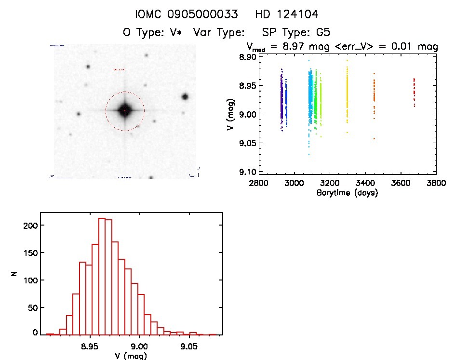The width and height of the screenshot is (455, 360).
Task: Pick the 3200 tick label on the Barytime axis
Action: [330, 183]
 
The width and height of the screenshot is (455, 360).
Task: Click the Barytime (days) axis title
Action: [347, 193]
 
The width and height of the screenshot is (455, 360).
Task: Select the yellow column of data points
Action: [347, 96]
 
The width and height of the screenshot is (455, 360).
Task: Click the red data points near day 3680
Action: [414, 92]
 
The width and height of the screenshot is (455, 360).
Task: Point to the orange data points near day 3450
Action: [374, 99]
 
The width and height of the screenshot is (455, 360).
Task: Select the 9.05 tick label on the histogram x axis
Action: [189, 346]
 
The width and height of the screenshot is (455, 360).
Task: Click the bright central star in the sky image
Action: [125, 110]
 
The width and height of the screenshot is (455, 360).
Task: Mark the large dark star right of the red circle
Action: [185, 96]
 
